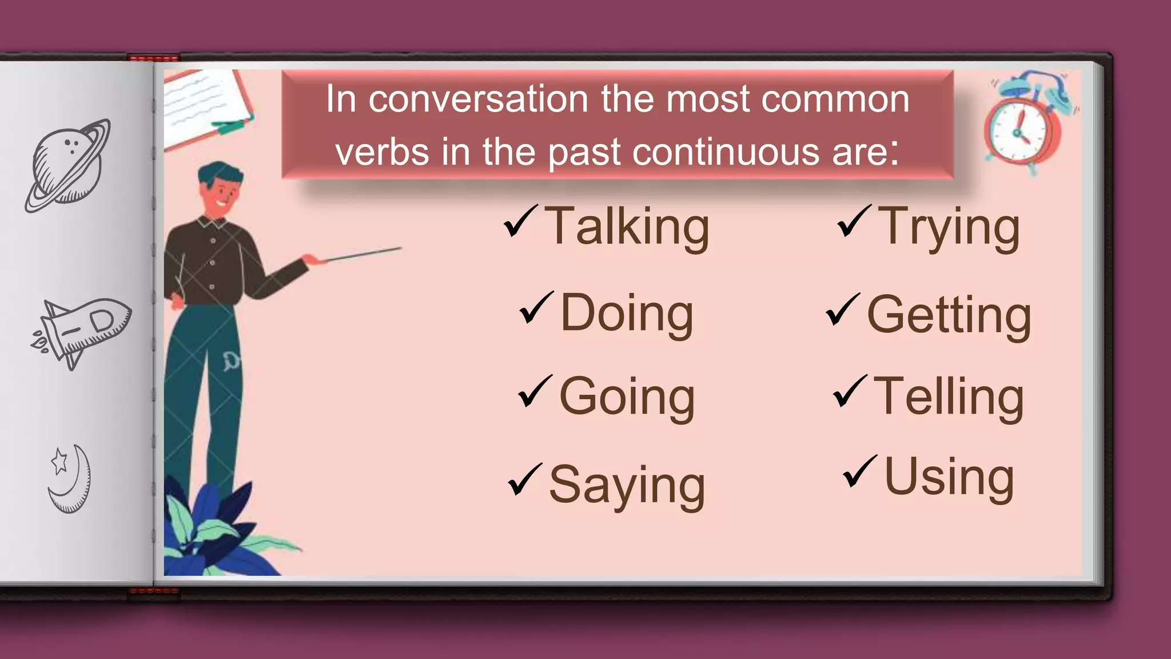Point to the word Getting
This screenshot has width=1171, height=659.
point(949,316)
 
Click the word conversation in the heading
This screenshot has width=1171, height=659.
point(479,100)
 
